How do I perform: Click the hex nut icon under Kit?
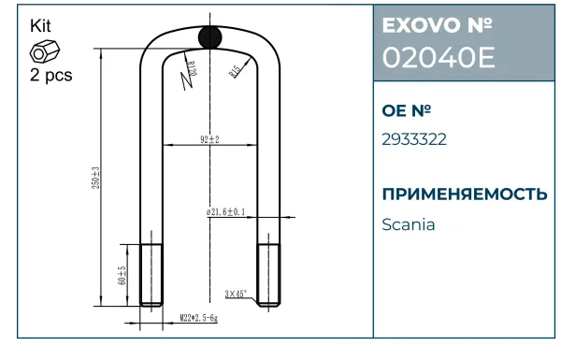pyautogui.click(x=45, y=52)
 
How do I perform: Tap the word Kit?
pyautogui.click(x=40, y=26)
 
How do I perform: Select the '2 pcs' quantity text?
pyautogui.click(x=51, y=75)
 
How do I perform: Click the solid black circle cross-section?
pyautogui.click(x=210, y=36)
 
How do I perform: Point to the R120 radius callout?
pyautogui.click(x=192, y=67)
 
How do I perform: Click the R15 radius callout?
pyautogui.click(x=235, y=71)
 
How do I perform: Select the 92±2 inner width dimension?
pyautogui.click(x=209, y=139)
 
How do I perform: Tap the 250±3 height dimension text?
pyautogui.click(x=96, y=178)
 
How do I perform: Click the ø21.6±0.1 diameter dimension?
pyautogui.click(x=225, y=212)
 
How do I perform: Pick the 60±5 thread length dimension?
pyautogui.click(x=122, y=275)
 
